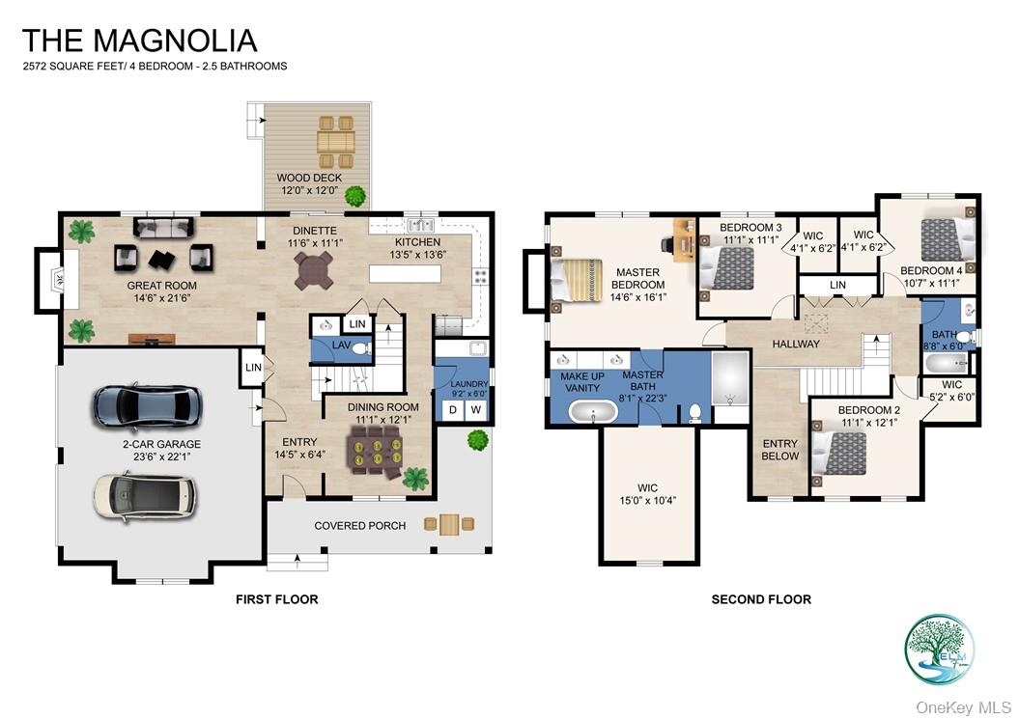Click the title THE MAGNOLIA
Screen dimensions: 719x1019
139,41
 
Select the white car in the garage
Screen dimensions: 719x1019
144,494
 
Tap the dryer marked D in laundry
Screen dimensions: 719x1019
451,410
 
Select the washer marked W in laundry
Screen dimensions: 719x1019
475,410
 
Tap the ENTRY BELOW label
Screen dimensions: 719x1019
780,450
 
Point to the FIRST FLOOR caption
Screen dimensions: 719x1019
276,599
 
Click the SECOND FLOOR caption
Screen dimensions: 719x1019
761,599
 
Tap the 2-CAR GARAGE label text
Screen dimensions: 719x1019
161,445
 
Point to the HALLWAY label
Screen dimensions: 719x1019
796,344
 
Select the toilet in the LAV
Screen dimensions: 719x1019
359,348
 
